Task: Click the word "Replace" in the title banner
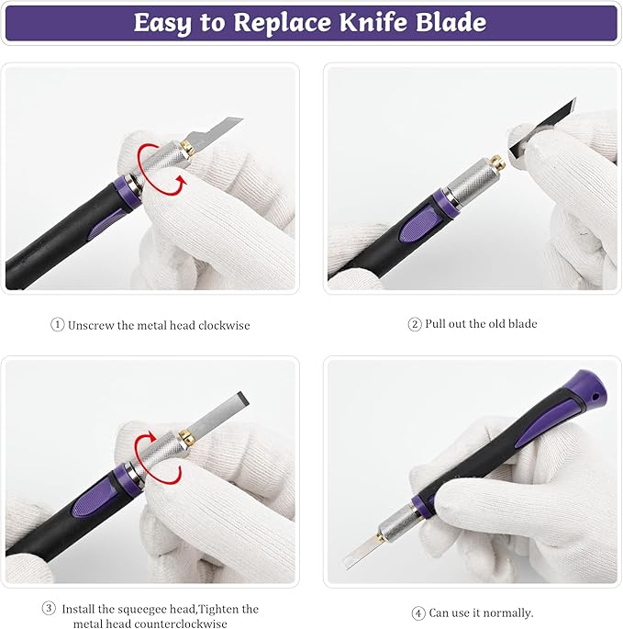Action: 283,22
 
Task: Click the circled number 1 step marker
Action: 57,324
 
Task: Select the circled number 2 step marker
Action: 415,324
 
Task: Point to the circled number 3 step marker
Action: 49,609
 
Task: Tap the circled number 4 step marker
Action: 418,613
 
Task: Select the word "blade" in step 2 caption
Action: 523,323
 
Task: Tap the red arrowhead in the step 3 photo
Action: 151,436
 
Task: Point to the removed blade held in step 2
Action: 543,128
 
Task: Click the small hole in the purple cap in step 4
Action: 595,397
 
